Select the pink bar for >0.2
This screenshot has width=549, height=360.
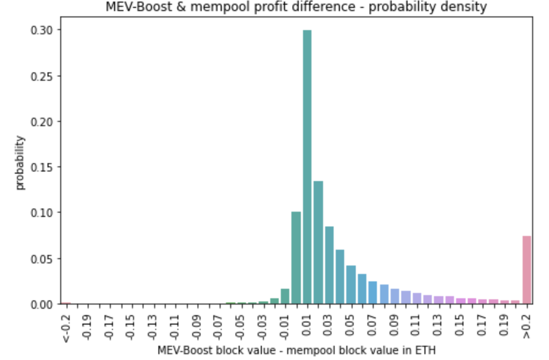coord(526,270)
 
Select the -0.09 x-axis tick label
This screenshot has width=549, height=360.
coord(197,326)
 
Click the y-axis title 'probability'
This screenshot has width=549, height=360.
coord(21,163)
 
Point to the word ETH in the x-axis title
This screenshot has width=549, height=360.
coord(427,350)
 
